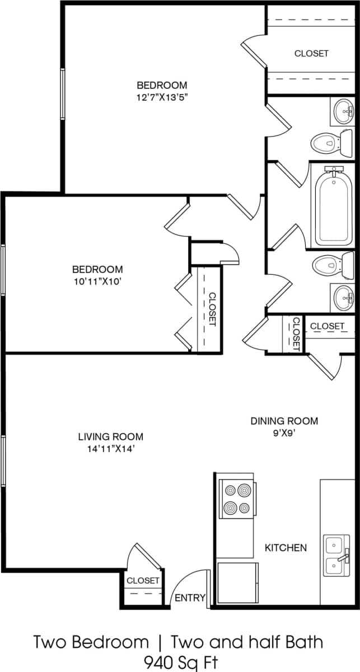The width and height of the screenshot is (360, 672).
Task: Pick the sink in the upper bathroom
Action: pyautogui.click(x=343, y=111)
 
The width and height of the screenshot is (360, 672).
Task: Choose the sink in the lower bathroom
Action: pyautogui.click(x=343, y=297)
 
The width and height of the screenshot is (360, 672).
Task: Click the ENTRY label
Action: pyautogui.click(x=190, y=598)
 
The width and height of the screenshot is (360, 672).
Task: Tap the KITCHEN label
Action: pyautogui.click(x=286, y=547)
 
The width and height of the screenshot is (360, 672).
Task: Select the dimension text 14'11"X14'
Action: pyautogui.click(x=110, y=448)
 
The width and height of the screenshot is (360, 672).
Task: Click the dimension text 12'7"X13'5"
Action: pyautogui.click(x=162, y=96)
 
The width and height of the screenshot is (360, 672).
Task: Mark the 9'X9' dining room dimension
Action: pyautogui.click(x=284, y=431)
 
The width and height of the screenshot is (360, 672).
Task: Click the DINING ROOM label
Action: pyautogui.click(x=284, y=421)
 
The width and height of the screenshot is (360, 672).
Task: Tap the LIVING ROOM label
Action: pyautogui.click(x=110, y=436)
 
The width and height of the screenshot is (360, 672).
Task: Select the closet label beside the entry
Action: pyautogui.click(x=143, y=581)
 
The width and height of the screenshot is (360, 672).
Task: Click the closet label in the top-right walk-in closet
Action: pyautogui.click(x=311, y=54)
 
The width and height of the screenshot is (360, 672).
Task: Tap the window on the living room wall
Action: pyautogui.click(x=3, y=460)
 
